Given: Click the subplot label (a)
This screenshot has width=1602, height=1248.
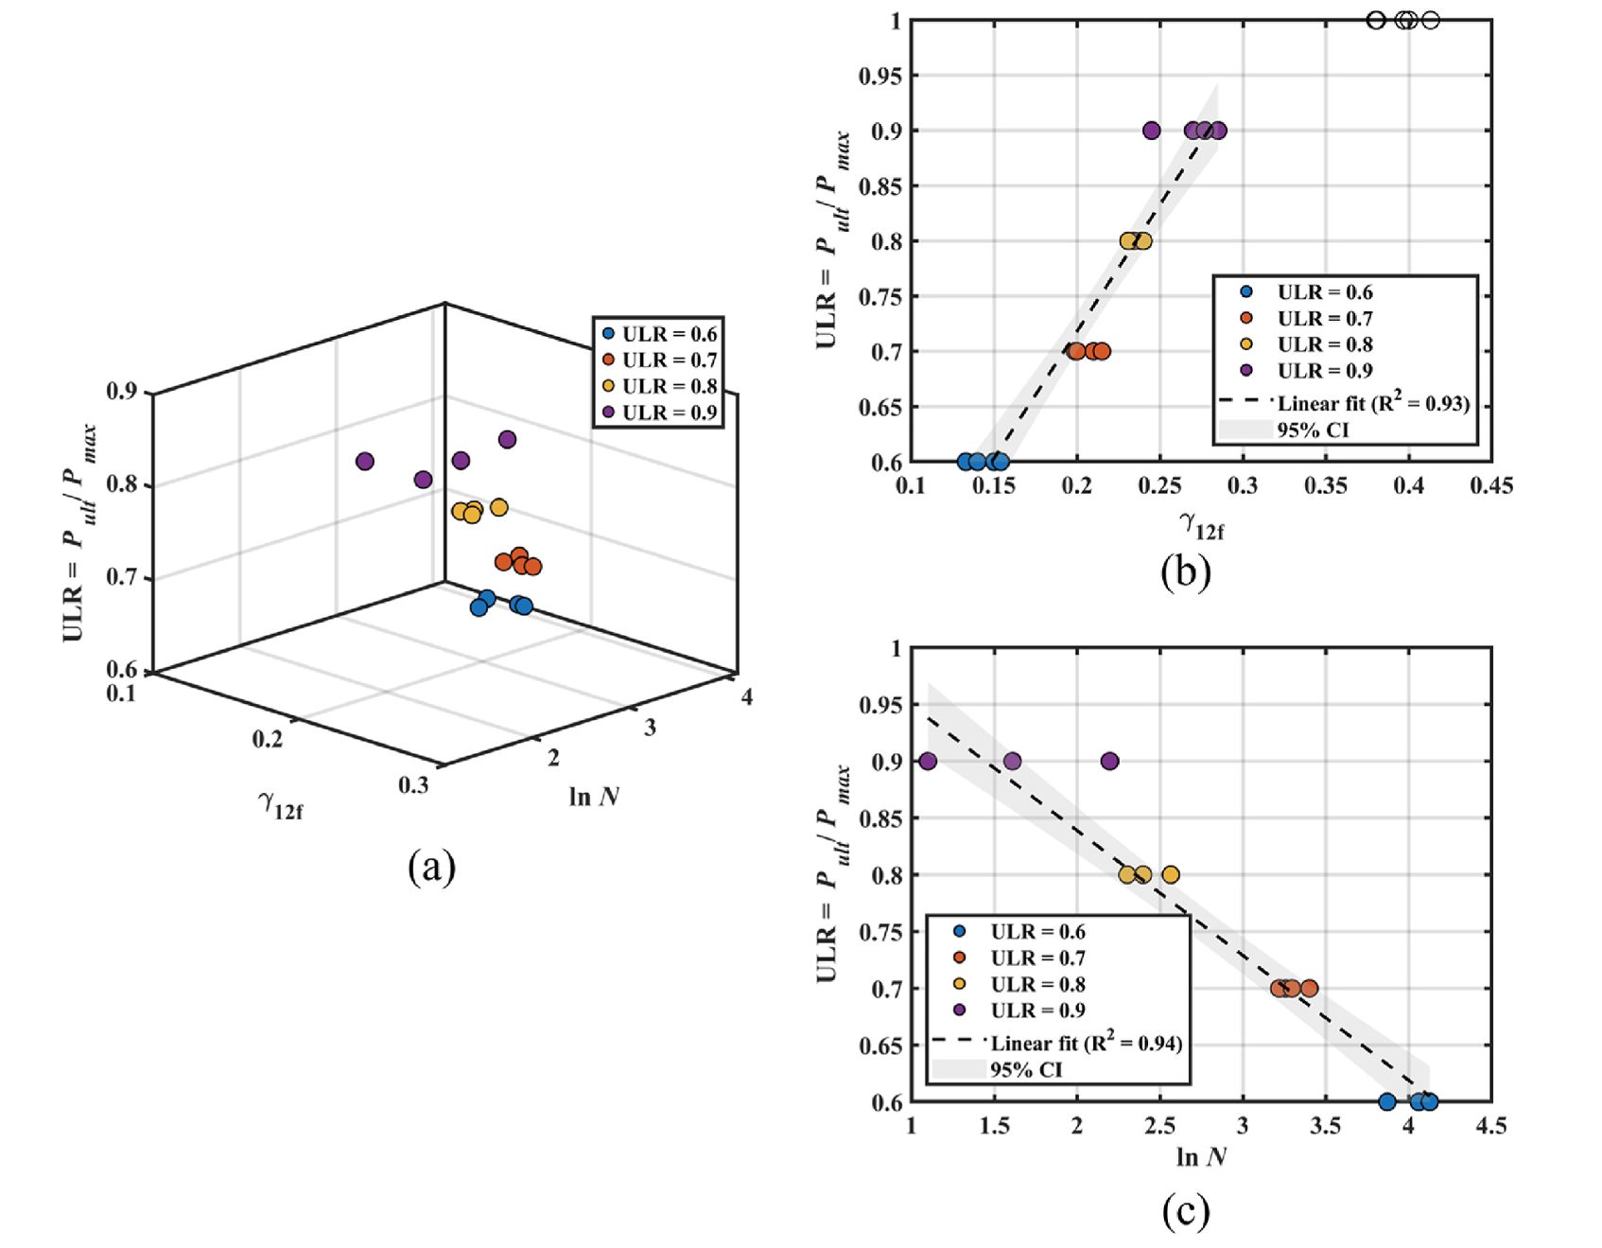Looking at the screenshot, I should click(x=431, y=866).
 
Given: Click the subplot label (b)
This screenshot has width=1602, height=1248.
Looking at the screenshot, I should click(x=1185, y=571).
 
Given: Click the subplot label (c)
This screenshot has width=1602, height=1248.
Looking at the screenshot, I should click(x=1185, y=1211).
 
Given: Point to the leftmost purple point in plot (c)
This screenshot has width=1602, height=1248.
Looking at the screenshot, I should click(x=928, y=761).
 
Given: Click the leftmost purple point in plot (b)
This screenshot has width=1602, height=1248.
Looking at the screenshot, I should click(x=1151, y=131).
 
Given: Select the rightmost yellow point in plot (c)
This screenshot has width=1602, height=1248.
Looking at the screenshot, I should click(x=1170, y=874).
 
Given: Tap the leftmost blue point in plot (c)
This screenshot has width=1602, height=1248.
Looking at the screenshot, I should click(x=1386, y=1101).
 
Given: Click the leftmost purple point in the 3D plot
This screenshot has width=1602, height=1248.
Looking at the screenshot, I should click(x=364, y=462).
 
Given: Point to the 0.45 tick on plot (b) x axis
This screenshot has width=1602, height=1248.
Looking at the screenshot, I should click(x=1491, y=485).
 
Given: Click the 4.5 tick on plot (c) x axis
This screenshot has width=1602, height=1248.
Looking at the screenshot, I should click(x=1491, y=1125).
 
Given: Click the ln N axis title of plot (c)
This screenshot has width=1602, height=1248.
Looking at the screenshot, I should click(x=1201, y=1157).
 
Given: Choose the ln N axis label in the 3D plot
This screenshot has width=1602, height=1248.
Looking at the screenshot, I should click(x=594, y=797).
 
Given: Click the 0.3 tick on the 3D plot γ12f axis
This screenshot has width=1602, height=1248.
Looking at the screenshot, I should click(x=413, y=784).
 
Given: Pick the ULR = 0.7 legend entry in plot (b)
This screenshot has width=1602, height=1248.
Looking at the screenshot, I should click(x=1324, y=319).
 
